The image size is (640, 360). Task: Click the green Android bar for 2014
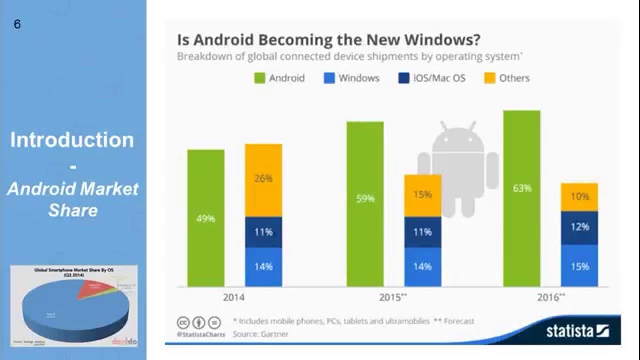pos(205,218)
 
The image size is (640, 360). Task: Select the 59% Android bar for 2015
pos(365,204)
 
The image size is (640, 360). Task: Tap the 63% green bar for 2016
pos(521,198)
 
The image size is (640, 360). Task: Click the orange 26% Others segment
pos(263,180)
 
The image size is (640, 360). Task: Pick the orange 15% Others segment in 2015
pos(422,195)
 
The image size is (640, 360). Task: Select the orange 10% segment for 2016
pos(579,197)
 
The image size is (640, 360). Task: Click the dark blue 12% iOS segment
pos(579,228)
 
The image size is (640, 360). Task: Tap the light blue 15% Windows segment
pos(579,266)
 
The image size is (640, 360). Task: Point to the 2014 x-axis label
pos(234,297)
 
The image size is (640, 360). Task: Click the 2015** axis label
pos(393,297)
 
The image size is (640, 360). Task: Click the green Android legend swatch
pos(259,78)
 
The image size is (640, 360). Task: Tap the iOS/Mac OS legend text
pos(439,78)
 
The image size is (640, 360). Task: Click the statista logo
pos(577,330)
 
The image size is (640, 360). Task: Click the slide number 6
pos(17,24)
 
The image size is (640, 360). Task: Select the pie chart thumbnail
pos(74,306)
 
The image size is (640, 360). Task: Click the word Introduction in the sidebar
pos(72,139)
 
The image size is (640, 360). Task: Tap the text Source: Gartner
pos(260,333)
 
